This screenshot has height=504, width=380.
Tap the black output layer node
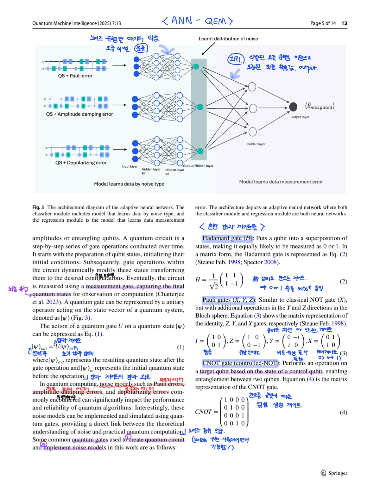pos(293,107)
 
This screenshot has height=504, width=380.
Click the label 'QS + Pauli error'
pos(75,76)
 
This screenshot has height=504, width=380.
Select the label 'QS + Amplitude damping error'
pos(79,114)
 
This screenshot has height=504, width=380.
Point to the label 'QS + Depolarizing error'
pos(81,163)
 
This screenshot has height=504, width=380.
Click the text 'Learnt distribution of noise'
pos(228,39)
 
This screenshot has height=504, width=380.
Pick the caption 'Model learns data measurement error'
pos(281,182)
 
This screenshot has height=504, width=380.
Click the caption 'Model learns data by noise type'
pos(129,184)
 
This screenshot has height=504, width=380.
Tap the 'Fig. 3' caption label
pos(38,207)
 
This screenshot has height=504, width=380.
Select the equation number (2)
pos(343,281)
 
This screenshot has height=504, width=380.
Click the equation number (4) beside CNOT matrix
pos(343,412)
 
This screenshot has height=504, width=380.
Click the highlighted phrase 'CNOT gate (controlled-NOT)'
pos(240,363)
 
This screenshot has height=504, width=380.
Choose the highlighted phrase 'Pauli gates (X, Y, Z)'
pos(228,300)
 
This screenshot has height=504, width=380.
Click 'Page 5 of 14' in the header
pos(323,23)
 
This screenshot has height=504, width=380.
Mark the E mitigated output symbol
pos(320,107)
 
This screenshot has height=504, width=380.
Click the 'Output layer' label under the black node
pos(300,117)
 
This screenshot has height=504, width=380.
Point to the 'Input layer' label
pos(130,167)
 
